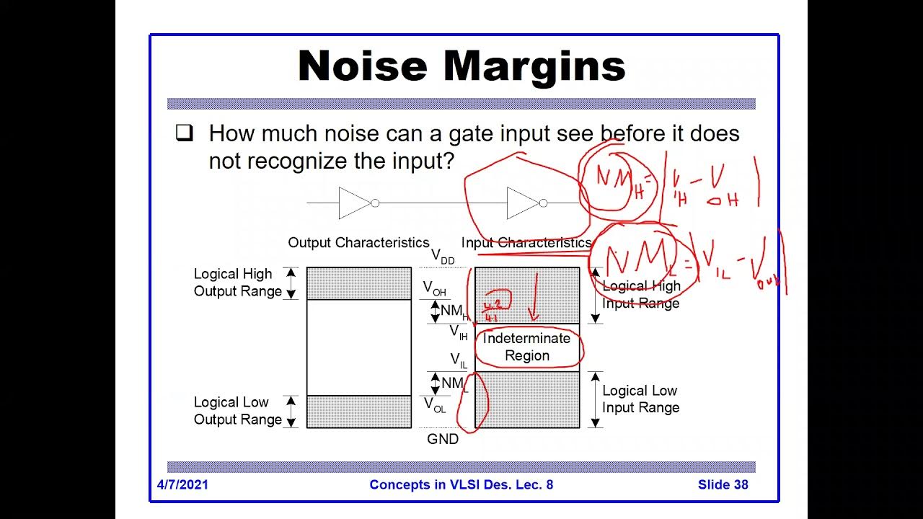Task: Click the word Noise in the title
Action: [363, 66]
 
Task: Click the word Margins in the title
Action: [534, 66]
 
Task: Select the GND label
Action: [443, 439]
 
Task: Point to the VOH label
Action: [434, 288]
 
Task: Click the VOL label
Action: [434, 405]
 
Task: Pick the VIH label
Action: [459, 332]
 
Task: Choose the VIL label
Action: [459, 360]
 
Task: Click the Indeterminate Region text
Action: [527, 347]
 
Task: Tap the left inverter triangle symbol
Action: [354, 203]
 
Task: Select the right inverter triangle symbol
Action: [522, 203]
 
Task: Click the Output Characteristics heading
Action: [358, 243]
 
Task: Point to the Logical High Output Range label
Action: [237, 283]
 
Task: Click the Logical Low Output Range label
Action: [237, 411]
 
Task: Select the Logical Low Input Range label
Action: [640, 399]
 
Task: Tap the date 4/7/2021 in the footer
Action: [182, 484]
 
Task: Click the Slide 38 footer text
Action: [723, 484]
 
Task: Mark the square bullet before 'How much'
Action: [185, 133]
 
